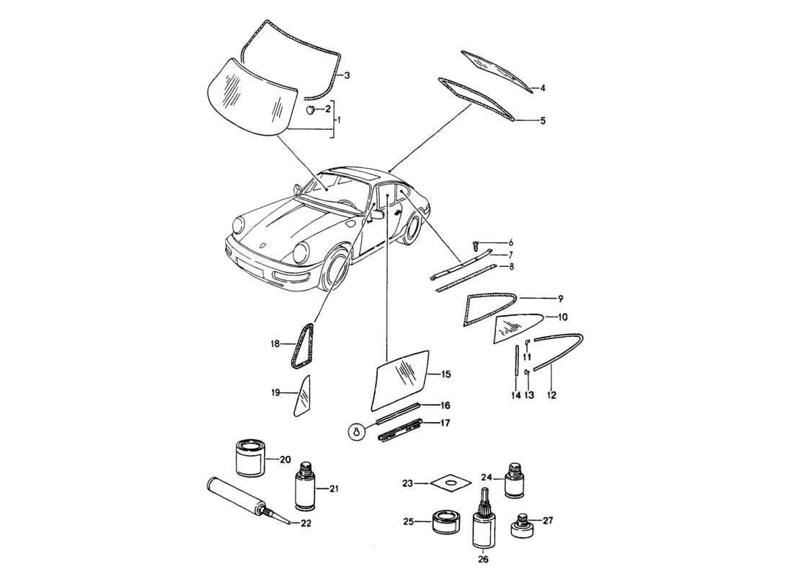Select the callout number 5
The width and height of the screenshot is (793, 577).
click(543, 120)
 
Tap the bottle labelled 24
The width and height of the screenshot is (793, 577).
click(515, 480)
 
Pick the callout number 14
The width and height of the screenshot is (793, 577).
click(516, 395)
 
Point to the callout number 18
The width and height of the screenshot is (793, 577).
click(275, 345)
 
